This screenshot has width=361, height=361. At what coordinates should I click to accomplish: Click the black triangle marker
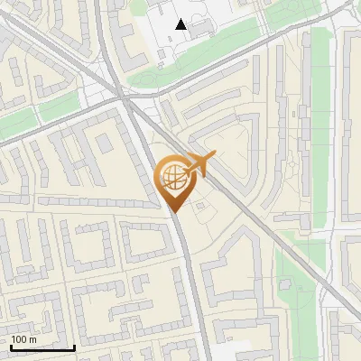[181, 24]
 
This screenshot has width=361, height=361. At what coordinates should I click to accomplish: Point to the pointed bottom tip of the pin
[172, 212]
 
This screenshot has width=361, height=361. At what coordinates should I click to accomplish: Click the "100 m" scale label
[23, 339]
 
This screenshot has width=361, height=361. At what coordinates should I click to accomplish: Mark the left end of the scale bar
[11, 347]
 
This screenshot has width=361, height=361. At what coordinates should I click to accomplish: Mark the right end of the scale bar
[74, 347]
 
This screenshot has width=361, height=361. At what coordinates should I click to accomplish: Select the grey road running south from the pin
[188, 271]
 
